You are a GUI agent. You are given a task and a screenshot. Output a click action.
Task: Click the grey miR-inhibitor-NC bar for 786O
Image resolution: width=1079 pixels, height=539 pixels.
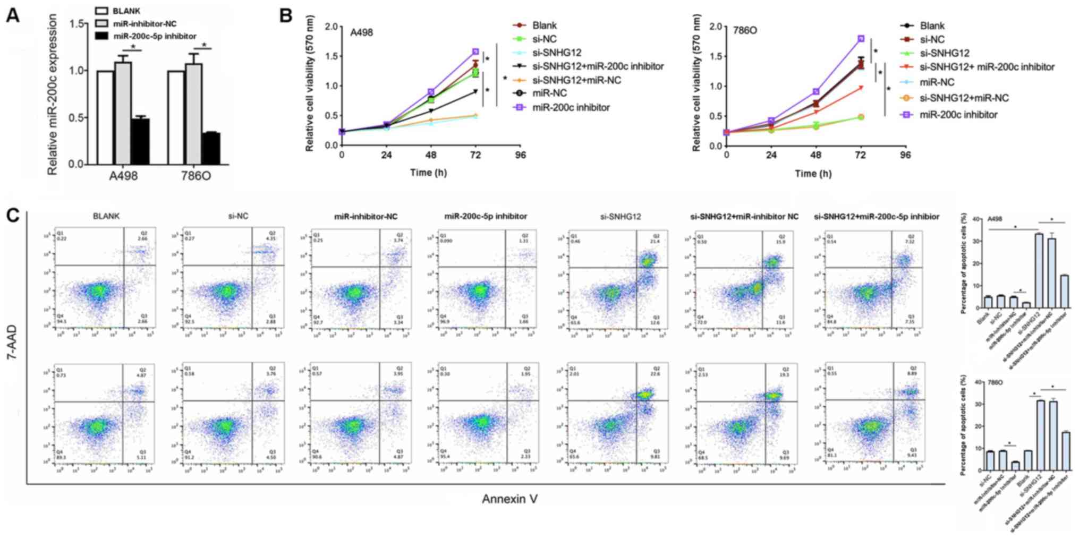tap(193, 114)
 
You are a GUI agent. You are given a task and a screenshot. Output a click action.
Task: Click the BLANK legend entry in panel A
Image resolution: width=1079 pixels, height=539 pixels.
tap(126, 11)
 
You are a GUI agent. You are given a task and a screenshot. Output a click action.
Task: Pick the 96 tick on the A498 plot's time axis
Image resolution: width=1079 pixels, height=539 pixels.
tap(520, 155)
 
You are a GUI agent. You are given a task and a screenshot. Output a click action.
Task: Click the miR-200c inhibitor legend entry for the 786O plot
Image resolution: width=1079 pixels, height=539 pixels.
tap(958, 115)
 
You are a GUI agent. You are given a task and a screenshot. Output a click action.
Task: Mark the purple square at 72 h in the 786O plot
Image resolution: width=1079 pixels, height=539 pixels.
tap(861, 39)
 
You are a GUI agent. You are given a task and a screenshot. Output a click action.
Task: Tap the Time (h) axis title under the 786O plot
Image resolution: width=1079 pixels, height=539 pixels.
tap(813, 173)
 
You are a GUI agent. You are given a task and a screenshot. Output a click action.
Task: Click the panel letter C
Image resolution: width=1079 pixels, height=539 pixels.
tap(13, 216)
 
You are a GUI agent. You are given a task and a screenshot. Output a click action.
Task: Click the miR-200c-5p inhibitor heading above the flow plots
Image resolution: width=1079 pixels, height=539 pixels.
tap(486, 217)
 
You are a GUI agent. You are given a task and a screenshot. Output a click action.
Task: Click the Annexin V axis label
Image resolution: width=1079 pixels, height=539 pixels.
tap(509, 499)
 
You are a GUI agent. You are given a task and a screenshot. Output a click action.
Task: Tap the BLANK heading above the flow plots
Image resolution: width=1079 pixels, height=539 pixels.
tap(106, 216)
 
